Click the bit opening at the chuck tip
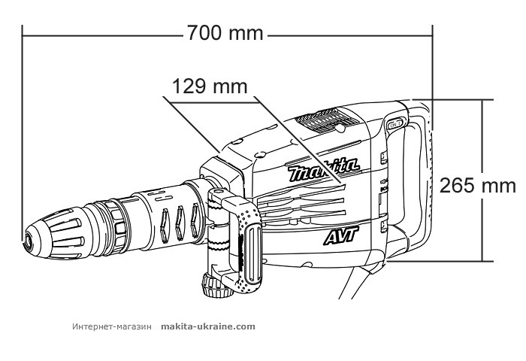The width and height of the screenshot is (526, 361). (27, 243)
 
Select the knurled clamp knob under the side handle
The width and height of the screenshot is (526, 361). (210, 285)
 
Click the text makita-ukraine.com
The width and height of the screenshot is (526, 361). (208, 326)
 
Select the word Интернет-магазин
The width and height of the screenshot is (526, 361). (113, 326)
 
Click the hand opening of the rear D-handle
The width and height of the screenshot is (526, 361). (410, 180)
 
